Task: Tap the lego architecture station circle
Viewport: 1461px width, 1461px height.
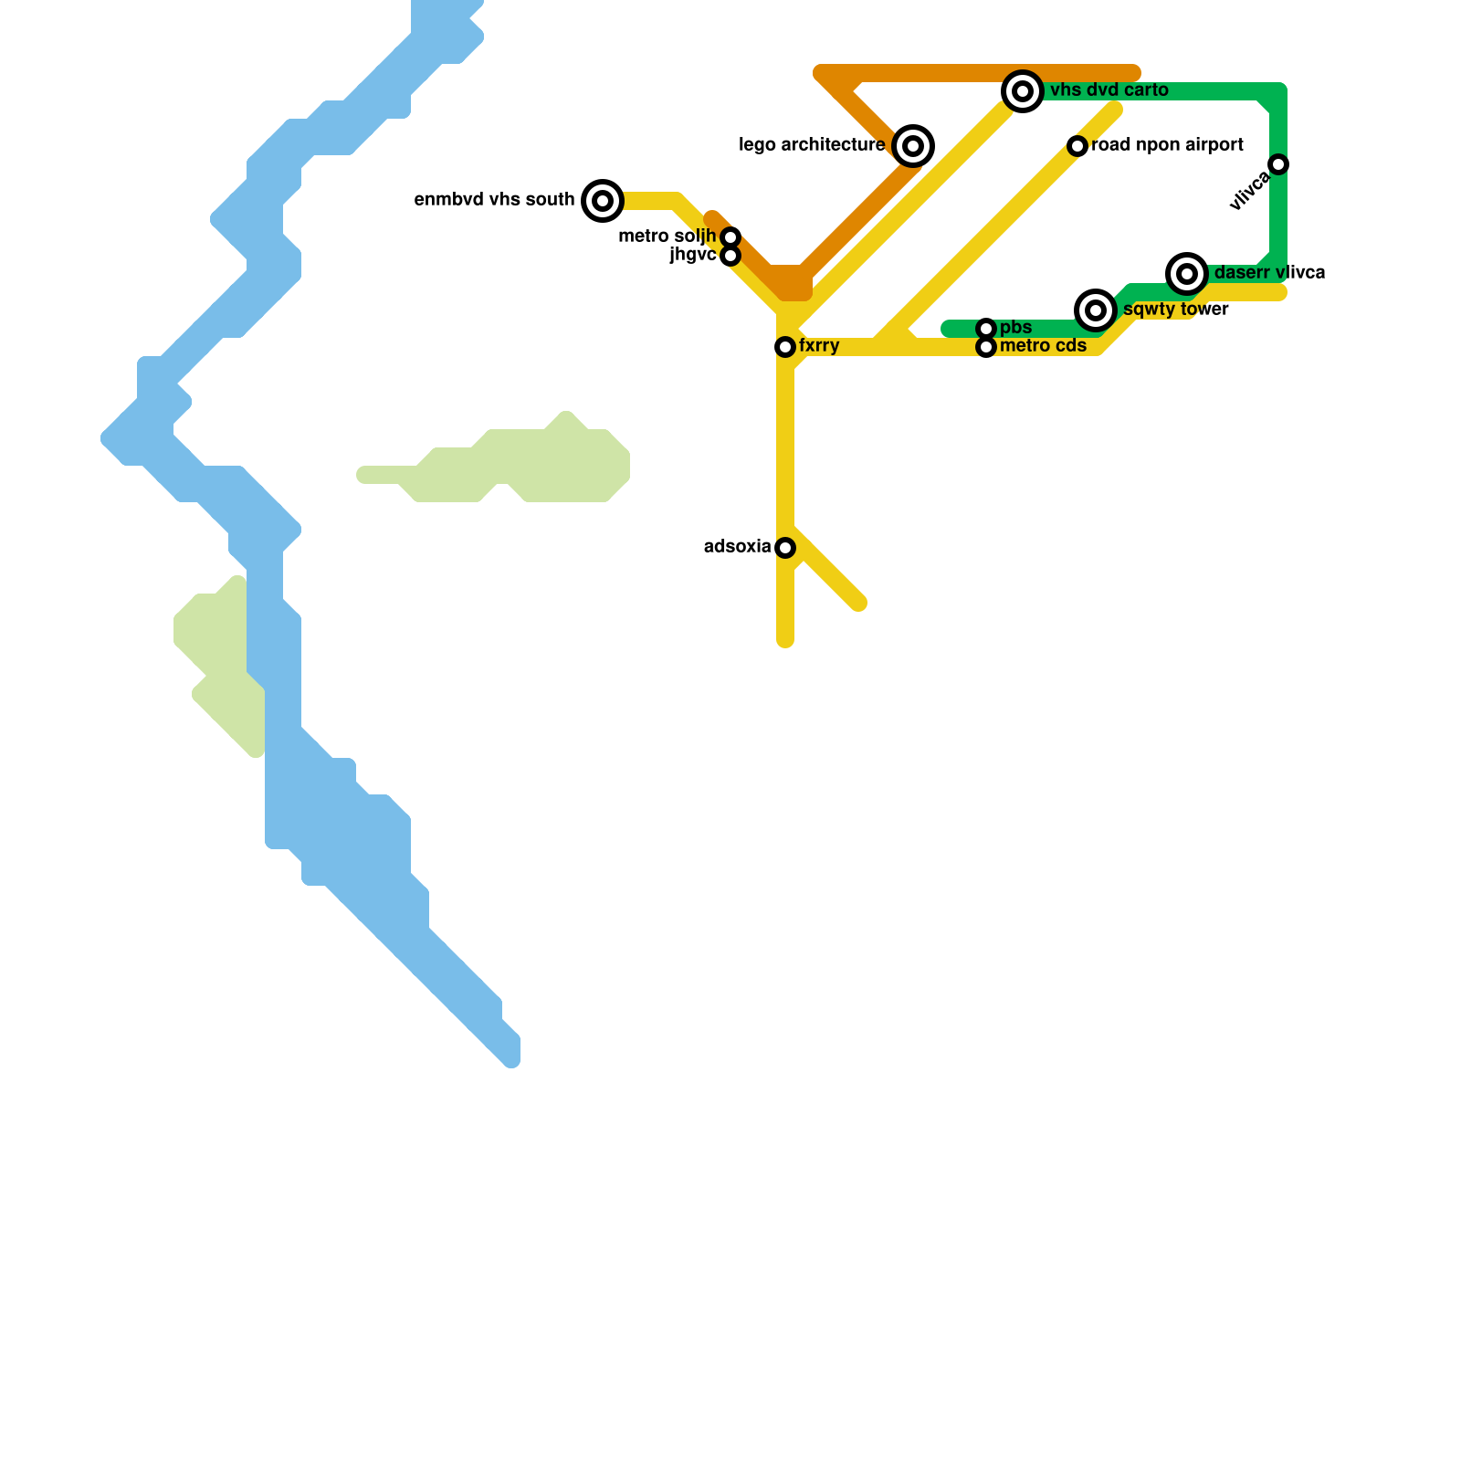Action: [x=913, y=146]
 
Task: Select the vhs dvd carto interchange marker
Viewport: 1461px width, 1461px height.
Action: [x=1023, y=91]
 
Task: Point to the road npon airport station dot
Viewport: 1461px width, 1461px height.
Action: [x=1077, y=146]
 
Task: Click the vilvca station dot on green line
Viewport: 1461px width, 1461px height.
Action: [x=1278, y=164]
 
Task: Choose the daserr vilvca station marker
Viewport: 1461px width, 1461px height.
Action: [x=1187, y=273]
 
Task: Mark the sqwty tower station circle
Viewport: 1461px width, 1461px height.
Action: [x=1096, y=310]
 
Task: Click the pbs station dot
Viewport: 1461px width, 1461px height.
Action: [x=986, y=329]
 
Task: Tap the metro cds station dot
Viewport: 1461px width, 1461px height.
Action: [x=986, y=347]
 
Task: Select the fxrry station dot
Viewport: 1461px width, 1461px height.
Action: [x=785, y=347]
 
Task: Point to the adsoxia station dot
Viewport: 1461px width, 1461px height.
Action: [x=785, y=548]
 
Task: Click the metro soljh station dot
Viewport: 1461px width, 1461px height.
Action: [x=730, y=237]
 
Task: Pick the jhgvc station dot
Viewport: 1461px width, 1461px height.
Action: [x=730, y=256]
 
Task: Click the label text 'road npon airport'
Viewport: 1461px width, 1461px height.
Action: [x=1167, y=145]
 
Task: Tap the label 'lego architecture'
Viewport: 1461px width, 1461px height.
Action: [x=812, y=145]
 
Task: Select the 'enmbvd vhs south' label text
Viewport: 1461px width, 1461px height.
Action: [x=494, y=200]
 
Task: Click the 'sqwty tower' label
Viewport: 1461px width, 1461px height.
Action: [x=1176, y=310]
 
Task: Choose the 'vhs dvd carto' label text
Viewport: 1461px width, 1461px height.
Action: [x=1109, y=90]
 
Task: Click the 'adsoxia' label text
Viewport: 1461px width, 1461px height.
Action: [x=737, y=547]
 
